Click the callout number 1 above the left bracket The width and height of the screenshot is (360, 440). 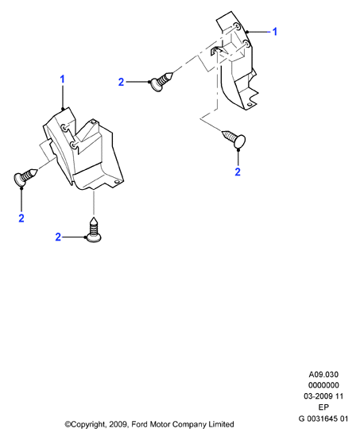(62, 79)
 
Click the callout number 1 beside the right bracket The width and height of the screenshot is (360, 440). (275, 32)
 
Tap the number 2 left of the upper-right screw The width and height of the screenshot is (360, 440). (121, 82)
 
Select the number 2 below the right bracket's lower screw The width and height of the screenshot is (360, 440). (238, 172)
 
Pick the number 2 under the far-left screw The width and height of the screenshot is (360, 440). (21, 218)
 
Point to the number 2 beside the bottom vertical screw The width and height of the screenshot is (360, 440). (58, 237)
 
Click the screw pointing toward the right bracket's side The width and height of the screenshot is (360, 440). (162, 80)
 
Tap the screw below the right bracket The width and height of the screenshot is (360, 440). (234, 138)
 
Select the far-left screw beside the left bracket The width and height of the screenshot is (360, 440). (25, 177)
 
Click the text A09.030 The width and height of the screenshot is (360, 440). (323, 374)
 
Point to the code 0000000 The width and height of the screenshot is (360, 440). (323, 385)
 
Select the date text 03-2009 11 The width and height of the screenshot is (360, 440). (323, 396)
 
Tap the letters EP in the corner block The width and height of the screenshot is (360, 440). (323, 407)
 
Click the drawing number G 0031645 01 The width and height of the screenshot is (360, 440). (323, 419)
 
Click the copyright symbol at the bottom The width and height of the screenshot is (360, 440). (68, 424)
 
